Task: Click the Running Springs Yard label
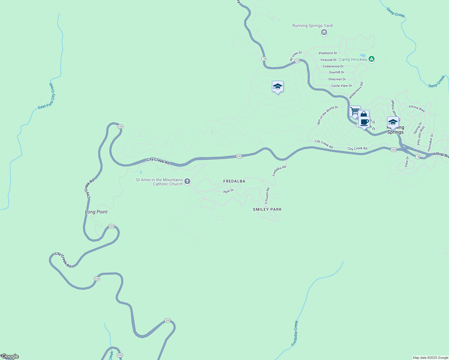(312, 26)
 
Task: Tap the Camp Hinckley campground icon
(371, 59)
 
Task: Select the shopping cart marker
(355, 111)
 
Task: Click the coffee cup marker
(364, 122)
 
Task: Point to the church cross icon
(187, 181)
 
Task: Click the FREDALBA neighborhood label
(234, 181)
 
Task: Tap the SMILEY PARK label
(267, 209)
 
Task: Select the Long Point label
(96, 212)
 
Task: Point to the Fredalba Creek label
(295, 333)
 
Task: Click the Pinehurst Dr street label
(328, 53)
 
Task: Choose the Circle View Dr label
(342, 86)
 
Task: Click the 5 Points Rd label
(267, 196)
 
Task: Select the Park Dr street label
(228, 191)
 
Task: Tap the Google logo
(10, 356)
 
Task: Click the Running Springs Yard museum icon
(324, 32)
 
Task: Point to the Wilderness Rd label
(356, 90)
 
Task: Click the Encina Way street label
(417, 109)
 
